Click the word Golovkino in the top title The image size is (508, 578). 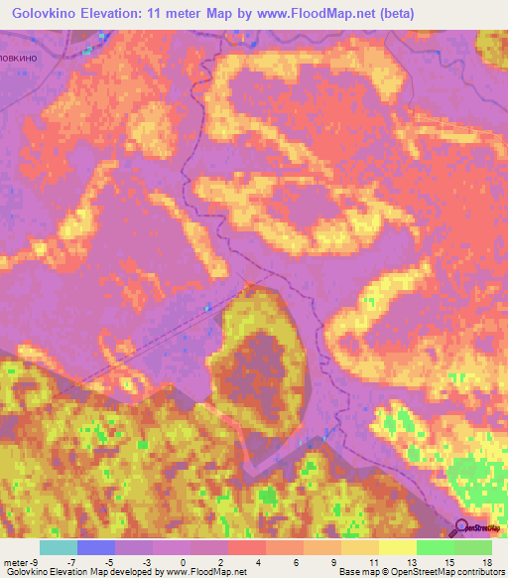[x=46, y=14]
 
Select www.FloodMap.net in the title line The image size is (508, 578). [x=317, y=14]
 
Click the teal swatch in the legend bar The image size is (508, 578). [x=59, y=547]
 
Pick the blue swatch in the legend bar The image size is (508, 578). [x=96, y=547]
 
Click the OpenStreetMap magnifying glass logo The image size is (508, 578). [x=463, y=528]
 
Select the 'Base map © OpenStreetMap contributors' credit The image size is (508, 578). [x=421, y=572]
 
